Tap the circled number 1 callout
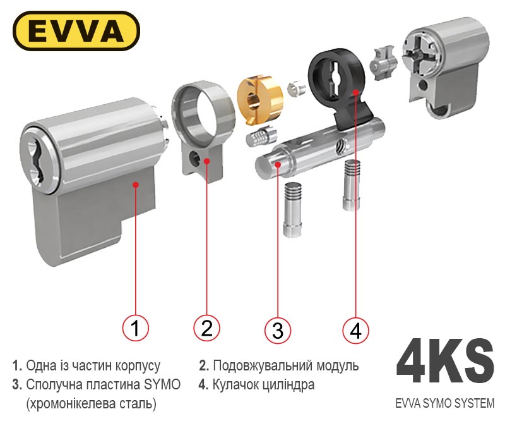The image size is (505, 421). point(136,328)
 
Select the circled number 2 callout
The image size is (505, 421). point(207,328)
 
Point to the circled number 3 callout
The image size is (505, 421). point(278,330)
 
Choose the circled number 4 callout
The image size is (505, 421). point(355,330)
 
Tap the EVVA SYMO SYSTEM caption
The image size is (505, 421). point(445,403)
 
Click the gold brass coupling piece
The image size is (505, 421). point(259,99)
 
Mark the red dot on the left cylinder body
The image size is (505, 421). point(136,185)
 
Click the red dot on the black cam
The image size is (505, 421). point(355,92)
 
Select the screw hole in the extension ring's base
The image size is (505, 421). point(194,158)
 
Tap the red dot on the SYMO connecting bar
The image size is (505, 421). point(278,164)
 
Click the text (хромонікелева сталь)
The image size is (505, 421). point(91,404)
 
